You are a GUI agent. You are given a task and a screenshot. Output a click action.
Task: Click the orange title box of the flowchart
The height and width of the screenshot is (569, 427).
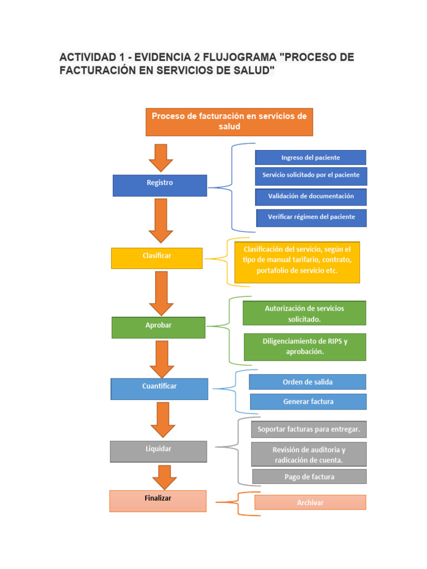229,122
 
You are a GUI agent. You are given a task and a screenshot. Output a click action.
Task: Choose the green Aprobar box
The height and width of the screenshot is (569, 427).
158,327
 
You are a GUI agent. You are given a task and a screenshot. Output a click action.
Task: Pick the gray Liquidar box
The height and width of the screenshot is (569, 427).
158,451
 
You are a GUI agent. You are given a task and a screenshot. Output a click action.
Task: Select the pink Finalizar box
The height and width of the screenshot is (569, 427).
158,501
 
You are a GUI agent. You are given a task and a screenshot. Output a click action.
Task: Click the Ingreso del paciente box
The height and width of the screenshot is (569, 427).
310,157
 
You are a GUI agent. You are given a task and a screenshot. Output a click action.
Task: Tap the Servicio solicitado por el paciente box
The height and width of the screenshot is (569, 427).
311,176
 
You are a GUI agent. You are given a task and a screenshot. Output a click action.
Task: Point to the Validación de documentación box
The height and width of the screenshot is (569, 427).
311,197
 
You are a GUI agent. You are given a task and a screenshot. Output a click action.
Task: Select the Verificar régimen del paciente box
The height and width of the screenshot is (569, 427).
311,217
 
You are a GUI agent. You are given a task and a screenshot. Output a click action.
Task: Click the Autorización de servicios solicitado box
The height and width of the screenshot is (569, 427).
304,313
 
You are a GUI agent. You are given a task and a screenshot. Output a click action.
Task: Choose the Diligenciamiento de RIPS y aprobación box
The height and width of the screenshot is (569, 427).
305,347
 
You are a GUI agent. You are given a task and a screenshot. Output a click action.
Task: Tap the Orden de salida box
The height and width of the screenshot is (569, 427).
307,382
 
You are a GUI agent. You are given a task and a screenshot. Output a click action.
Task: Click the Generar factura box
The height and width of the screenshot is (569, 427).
308,401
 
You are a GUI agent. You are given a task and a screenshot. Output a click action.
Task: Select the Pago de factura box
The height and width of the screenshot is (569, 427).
309,476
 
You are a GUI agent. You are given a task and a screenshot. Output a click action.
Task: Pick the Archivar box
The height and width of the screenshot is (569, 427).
310,502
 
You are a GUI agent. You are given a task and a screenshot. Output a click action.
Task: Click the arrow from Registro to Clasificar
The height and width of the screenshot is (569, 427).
161,221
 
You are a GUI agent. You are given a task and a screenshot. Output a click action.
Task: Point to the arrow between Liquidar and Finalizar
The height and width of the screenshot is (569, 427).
164,477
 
